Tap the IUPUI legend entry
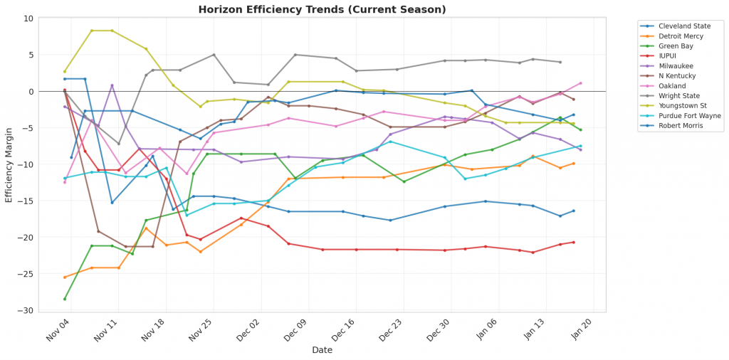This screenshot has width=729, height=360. [672, 55]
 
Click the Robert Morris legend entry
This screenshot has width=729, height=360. [683, 126]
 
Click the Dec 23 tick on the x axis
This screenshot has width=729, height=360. [390, 331]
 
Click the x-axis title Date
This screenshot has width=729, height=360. [322, 350]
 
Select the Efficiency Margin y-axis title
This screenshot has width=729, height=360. [9, 165]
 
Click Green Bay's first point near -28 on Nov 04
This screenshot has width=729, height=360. [65, 299]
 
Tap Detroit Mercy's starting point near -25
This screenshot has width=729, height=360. [65, 277]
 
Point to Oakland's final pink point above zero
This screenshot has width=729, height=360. [580, 83]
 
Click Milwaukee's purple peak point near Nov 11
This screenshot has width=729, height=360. [112, 85]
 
